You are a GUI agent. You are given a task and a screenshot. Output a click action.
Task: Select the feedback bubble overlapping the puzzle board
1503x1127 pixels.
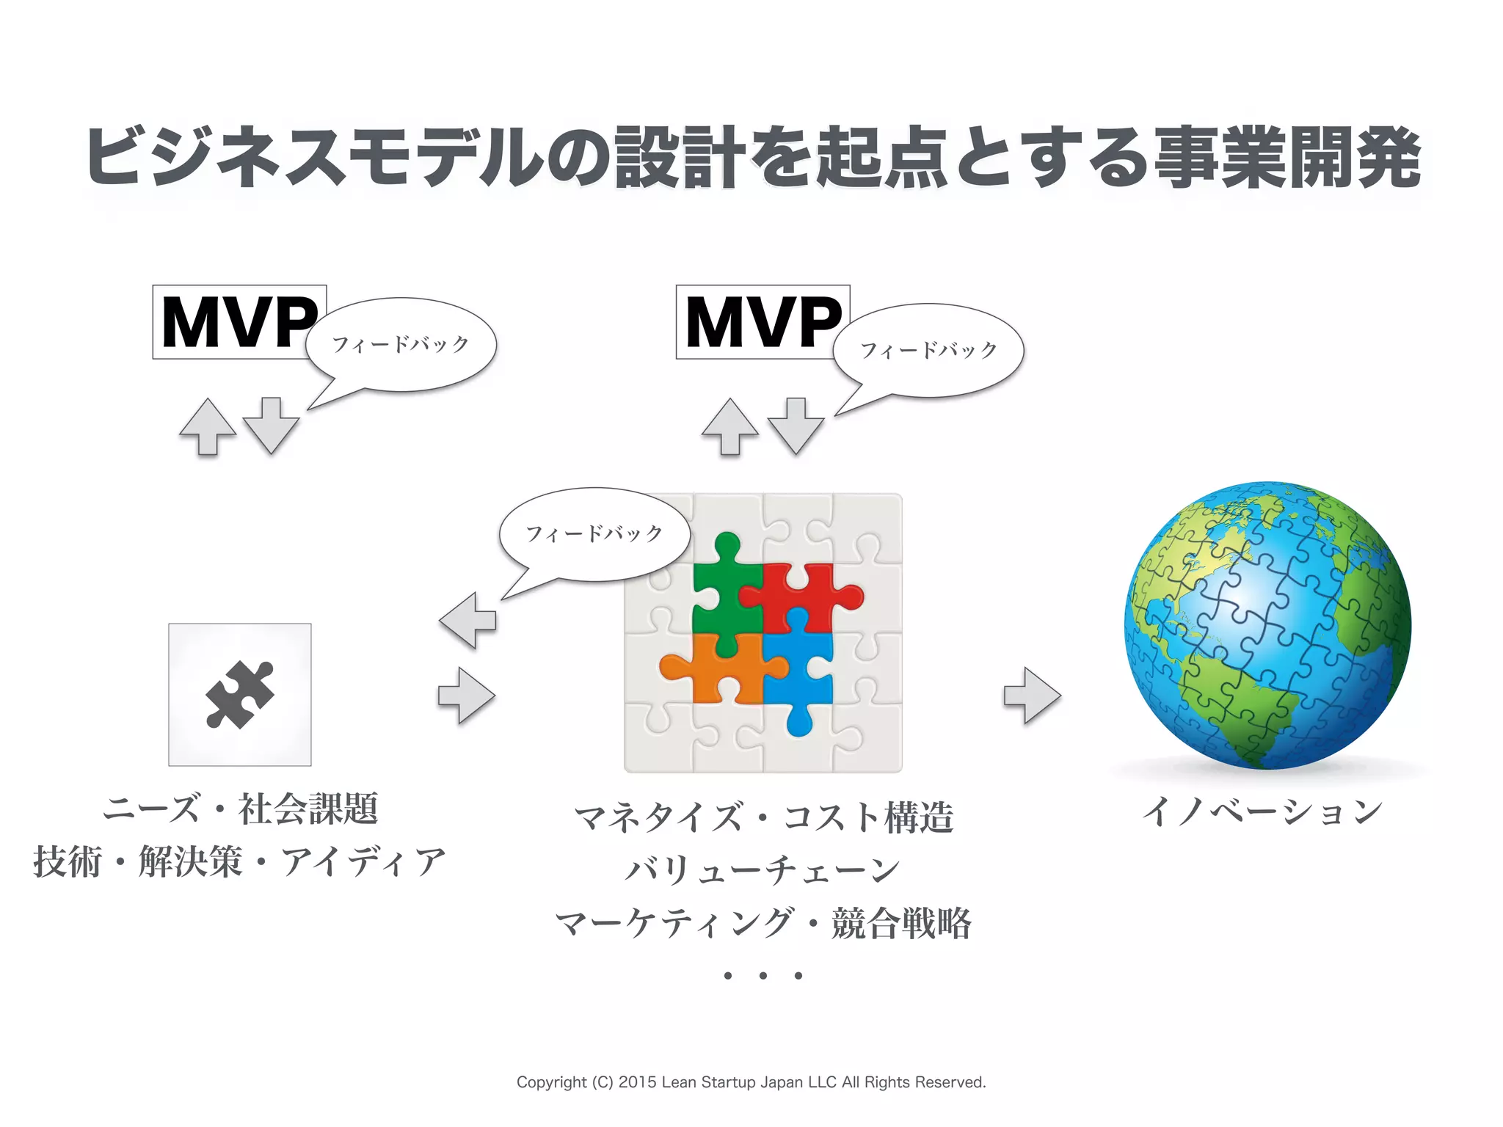click(x=594, y=534)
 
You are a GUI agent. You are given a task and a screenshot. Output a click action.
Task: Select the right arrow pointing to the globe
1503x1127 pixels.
click(x=1032, y=695)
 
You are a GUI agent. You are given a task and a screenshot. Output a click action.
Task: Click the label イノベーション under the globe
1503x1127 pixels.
click(x=1262, y=812)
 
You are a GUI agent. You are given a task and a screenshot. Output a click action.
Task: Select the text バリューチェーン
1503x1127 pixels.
click(x=763, y=870)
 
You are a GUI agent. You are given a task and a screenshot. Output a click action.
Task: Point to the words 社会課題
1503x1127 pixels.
click(x=308, y=809)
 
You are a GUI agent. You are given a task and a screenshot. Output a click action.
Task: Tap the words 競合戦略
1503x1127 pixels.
click(x=901, y=923)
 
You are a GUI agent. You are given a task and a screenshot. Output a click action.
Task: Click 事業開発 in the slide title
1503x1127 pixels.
click(x=1288, y=158)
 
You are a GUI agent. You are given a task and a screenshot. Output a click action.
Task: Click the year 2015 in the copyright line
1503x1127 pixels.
click(x=638, y=1082)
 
